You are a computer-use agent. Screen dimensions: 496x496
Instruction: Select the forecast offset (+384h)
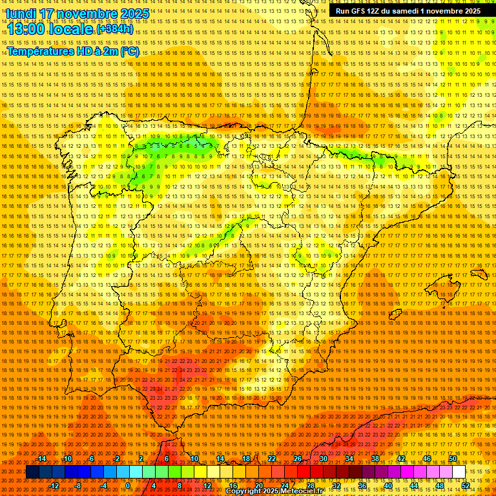pyautogui.click(x=117, y=30)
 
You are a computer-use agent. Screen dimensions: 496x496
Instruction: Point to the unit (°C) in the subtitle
pyautogui.click(x=129, y=51)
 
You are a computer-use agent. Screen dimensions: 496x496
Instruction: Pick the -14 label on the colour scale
pyautogui.click(x=42, y=459)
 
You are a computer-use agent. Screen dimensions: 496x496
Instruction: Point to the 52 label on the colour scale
pyautogui.click(x=465, y=486)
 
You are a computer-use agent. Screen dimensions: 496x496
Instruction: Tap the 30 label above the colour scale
pyautogui.click(x=323, y=459)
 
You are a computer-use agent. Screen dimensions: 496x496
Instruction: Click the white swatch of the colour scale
pyautogui.click(x=459, y=472)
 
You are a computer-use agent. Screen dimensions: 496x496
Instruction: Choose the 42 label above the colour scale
pyautogui.click(x=400, y=459)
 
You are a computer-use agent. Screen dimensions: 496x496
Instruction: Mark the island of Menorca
pyautogui.click(x=479, y=274)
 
